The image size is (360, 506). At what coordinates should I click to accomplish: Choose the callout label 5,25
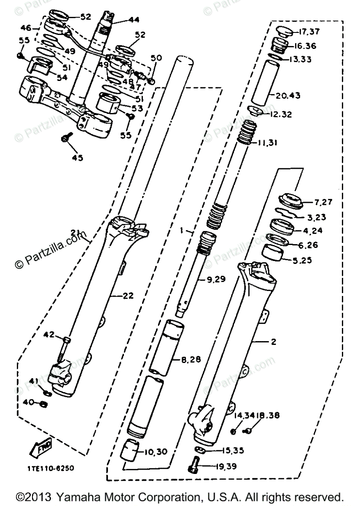click(x=302, y=261)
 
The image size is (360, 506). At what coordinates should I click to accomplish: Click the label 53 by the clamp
click(x=137, y=108)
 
